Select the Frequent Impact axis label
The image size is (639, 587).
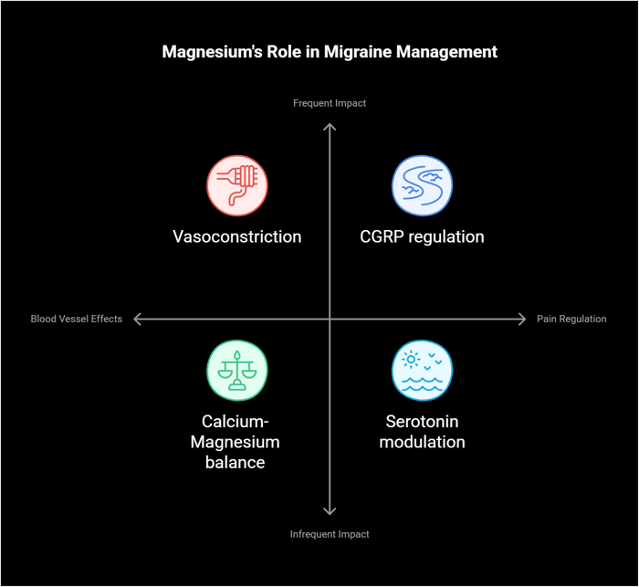tap(330, 103)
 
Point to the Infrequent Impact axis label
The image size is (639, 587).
tap(330, 534)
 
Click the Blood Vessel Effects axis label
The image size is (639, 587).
tap(76, 319)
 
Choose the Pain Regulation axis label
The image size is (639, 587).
tap(571, 319)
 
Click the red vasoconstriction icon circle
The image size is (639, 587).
tap(236, 185)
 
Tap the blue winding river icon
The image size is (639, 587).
tap(422, 185)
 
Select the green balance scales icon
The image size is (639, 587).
tap(236, 370)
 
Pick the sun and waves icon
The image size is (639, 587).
tap(422, 370)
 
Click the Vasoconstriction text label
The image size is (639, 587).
tap(236, 236)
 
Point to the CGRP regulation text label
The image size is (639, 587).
tap(422, 236)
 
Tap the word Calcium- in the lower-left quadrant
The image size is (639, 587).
tap(236, 422)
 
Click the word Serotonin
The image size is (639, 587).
tap(422, 422)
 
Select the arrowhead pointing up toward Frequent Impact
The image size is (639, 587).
tap(330, 126)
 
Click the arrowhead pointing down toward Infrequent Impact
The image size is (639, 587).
tap(330, 511)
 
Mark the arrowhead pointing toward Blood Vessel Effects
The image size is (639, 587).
tap(137, 319)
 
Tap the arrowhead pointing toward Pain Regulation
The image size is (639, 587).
tap(522, 319)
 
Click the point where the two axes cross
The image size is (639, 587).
tap(330, 319)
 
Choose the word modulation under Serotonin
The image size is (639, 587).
tap(422, 442)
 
